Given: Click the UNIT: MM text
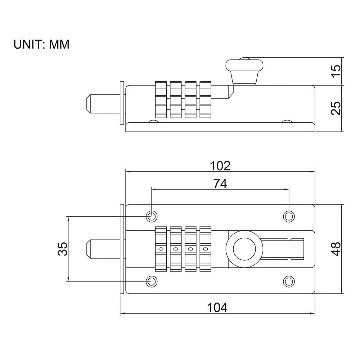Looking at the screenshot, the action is tap(41, 44).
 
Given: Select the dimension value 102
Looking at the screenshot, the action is tap(220, 166).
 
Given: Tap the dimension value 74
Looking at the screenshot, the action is tap(220, 184).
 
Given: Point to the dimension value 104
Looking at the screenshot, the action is tap(217, 308).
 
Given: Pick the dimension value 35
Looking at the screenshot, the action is tap(62, 249).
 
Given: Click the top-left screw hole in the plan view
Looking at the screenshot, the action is tap(152, 216).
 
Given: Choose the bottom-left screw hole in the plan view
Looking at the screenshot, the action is tap(152, 281).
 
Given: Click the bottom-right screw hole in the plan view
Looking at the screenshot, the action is tap(289, 281).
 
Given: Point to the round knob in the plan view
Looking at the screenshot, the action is tap(244, 249).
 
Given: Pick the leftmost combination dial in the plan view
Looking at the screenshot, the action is tap(161, 249).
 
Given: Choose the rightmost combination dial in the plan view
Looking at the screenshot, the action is tap(206, 249).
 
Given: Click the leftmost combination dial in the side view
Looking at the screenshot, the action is tap(161, 100).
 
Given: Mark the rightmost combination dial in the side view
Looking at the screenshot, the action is tap(206, 100).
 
